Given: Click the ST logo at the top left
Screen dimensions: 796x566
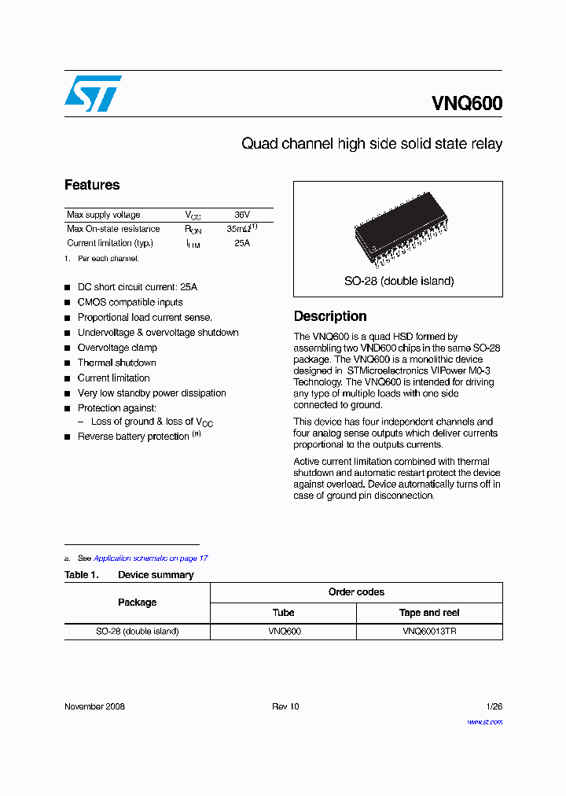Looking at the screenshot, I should [93, 94].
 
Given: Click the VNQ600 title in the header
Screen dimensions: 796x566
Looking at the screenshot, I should [466, 104].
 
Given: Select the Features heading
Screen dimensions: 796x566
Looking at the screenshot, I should [92, 185].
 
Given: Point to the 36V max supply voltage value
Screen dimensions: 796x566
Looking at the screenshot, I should [241, 215].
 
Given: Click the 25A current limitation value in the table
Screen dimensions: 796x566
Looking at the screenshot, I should [241, 243].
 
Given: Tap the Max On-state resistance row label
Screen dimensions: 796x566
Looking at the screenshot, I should [113, 229].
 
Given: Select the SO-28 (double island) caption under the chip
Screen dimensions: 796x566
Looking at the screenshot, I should [399, 281].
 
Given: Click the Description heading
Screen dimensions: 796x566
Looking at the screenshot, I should [330, 316].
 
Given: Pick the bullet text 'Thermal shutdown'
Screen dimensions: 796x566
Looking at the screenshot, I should [116, 363].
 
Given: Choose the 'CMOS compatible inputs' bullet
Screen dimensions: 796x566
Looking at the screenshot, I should [130, 302].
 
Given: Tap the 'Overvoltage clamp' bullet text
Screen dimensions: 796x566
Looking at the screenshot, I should [117, 348].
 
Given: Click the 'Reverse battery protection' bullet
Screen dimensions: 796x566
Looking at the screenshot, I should [134, 437].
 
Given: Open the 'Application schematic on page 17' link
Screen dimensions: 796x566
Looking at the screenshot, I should [151, 558].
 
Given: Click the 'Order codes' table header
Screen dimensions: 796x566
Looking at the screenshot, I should [356, 592].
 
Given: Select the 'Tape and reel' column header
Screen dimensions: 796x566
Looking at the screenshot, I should [429, 613].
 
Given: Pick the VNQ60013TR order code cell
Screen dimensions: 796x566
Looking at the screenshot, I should [429, 632].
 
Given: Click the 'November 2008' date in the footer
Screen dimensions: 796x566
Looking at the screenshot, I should [94, 706].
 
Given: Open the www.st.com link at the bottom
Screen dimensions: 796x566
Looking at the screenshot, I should [484, 721].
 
